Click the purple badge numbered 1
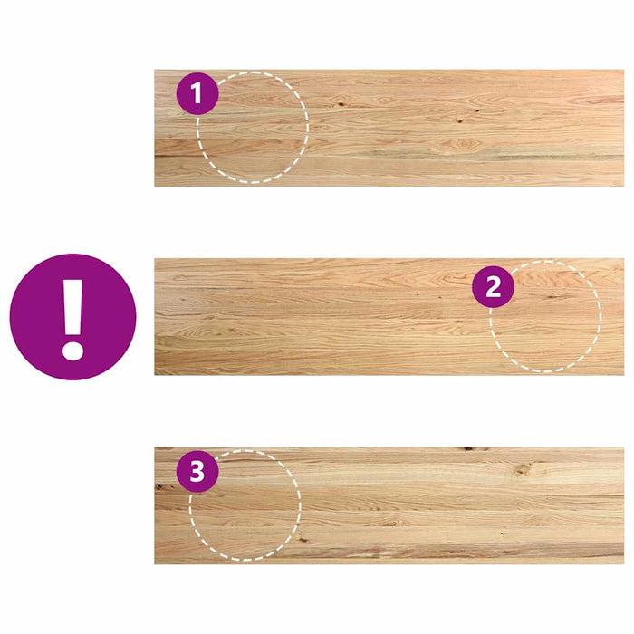pos(197,93)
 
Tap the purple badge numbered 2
pos(494,288)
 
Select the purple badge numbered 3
pos(197,472)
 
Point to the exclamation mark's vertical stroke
pos(72,305)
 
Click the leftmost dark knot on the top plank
pos(342,104)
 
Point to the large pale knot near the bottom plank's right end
pos(525,469)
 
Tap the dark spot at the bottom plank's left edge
pos(158,486)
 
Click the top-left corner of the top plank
pos(155,71)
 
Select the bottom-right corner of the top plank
pos(623,186)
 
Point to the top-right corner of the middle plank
pos(623,259)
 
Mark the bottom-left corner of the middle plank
pos(155,374)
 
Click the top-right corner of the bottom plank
pos(623,447)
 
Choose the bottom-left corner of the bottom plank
pos(155,563)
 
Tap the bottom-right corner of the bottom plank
pos(623,563)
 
